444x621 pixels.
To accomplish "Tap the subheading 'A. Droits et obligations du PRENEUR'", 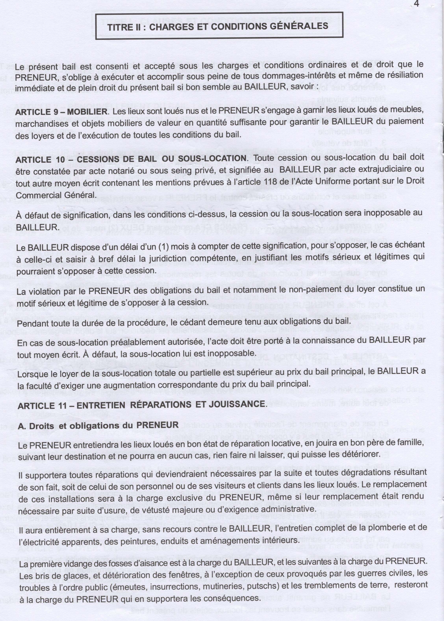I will click(x=98, y=425).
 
